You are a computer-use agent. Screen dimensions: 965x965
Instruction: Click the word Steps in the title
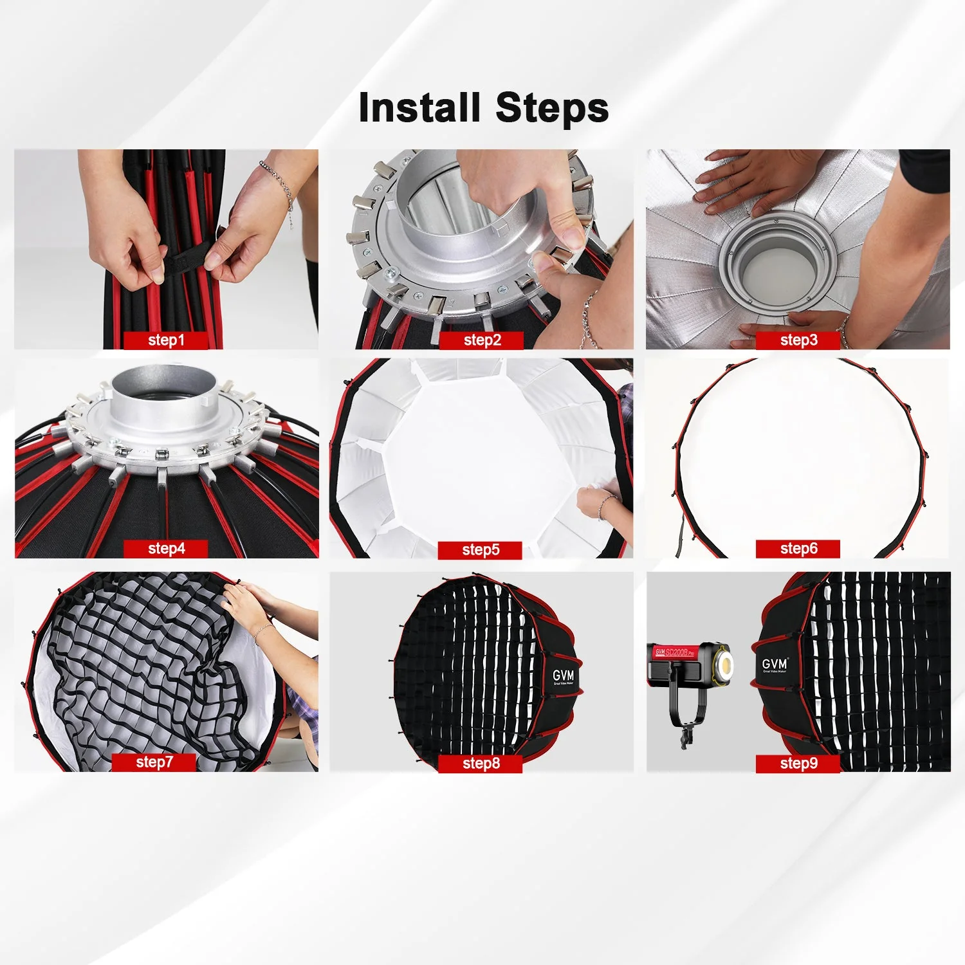coord(552,107)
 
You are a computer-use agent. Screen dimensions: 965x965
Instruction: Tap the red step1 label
coord(166,340)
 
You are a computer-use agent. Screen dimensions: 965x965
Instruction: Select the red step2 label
coord(482,340)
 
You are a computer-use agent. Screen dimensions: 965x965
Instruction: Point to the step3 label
coord(798,340)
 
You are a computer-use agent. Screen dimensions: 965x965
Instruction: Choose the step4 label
coord(166,549)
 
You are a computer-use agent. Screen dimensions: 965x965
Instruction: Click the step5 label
coord(481,550)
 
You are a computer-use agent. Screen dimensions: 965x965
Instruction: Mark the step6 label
coord(798,549)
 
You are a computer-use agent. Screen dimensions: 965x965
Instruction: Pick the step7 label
coord(154,762)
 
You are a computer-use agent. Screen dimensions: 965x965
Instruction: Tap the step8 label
coord(481,764)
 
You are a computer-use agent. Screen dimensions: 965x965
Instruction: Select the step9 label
coord(798,764)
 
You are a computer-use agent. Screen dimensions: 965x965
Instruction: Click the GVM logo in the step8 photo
coord(563,676)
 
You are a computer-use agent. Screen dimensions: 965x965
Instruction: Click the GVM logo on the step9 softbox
coord(775,665)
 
